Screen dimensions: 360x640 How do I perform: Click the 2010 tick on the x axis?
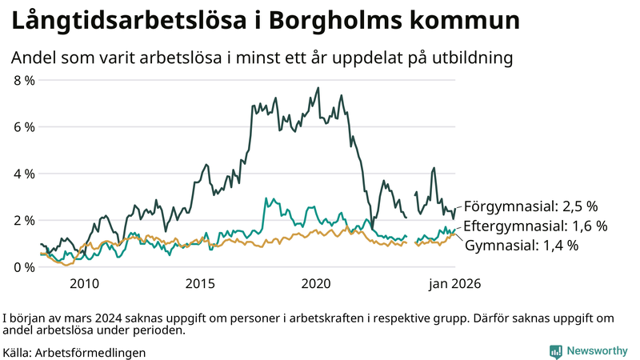pyautogui.click(x=85, y=283)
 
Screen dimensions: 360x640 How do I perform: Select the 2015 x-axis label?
pyautogui.click(x=201, y=283)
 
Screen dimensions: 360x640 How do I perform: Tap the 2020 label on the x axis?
pyautogui.click(x=317, y=283)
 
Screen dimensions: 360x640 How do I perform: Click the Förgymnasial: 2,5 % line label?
pyautogui.click(x=530, y=205)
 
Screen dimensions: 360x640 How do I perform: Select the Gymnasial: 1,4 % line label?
pyautogui.click(x=521, y=246)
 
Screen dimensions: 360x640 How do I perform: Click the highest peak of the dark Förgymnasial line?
pyautogui.click(x=318, y=88)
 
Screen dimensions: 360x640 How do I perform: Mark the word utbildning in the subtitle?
pyautogui.click(x=471, y=58)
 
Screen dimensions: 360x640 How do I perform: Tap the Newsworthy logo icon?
pyautogui.click(x=555, y=351)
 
